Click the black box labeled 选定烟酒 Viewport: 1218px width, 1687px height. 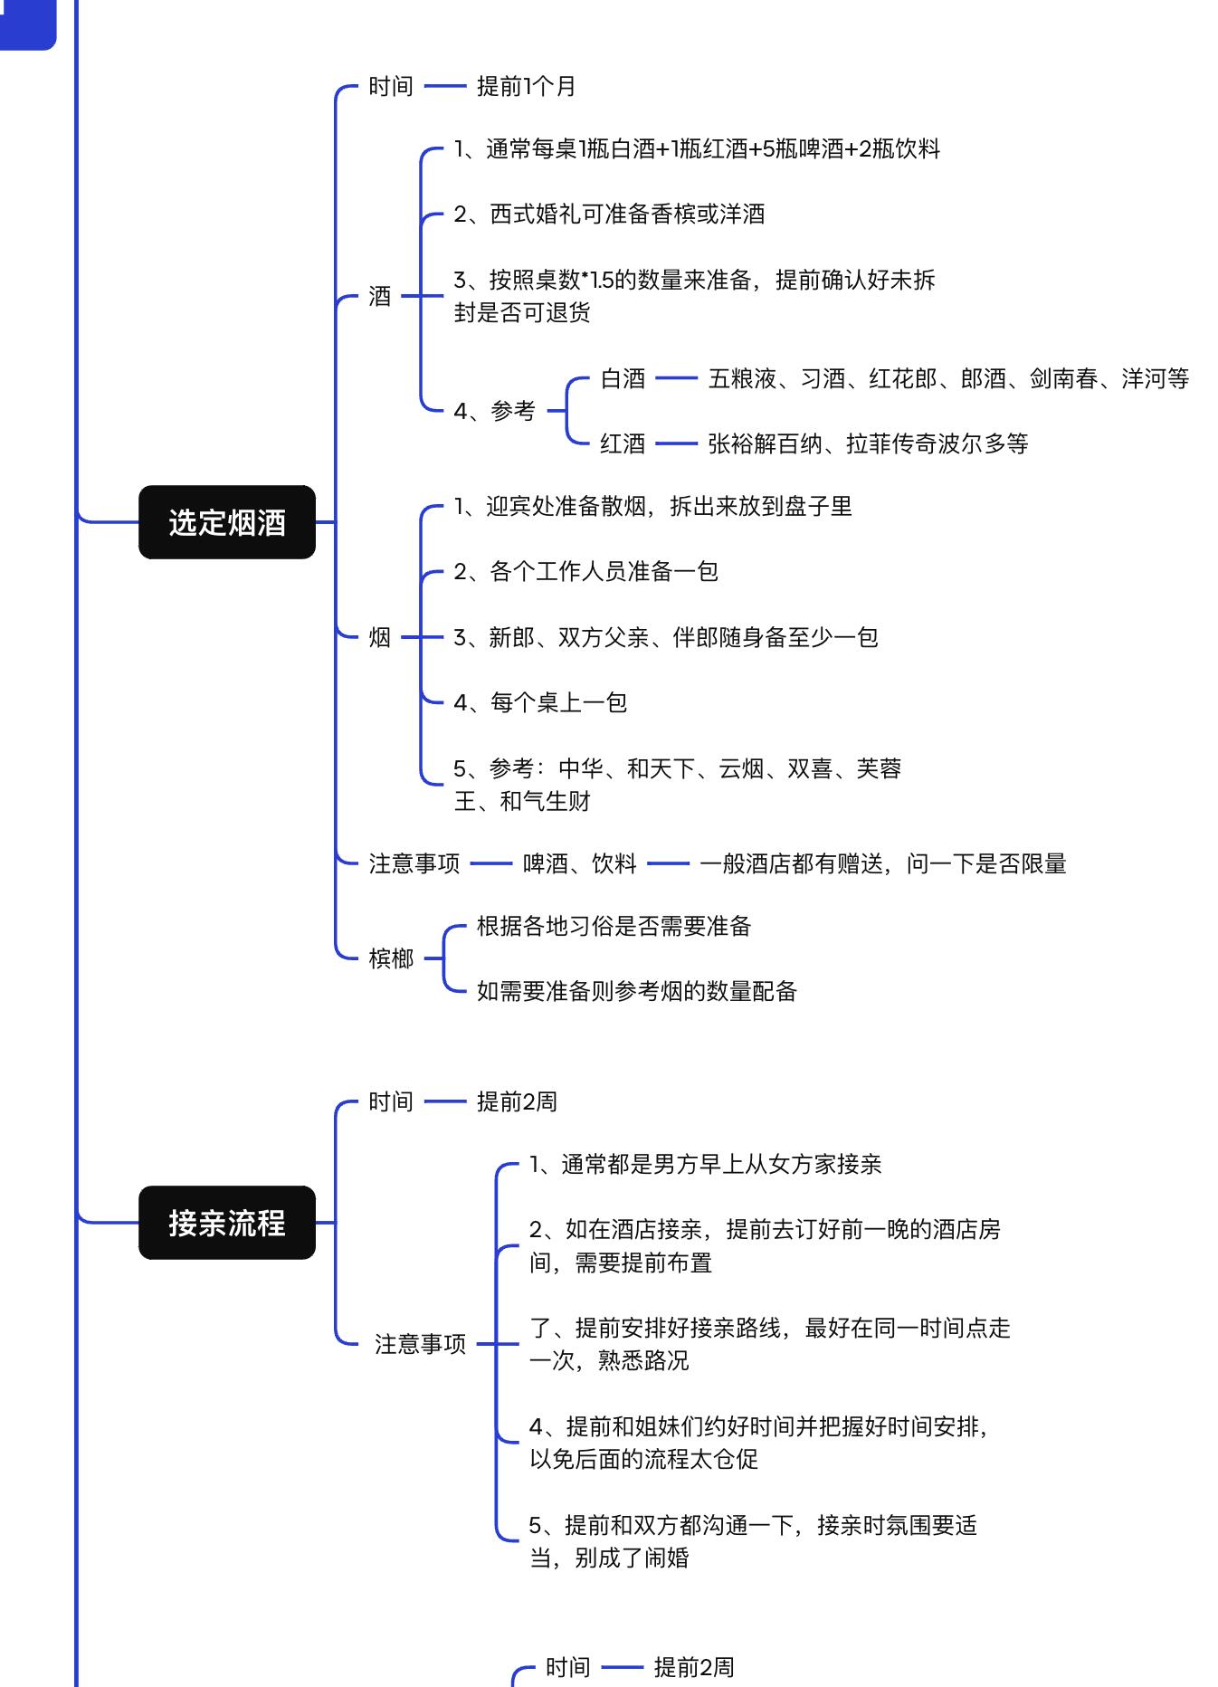[x=226, y=522]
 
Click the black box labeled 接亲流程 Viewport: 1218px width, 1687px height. [x=226, y=1223]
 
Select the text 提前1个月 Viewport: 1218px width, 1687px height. [x=527, y=86]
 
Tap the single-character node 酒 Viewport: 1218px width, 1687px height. [x=380, y=296]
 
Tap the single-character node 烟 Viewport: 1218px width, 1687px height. [x=380, y=637]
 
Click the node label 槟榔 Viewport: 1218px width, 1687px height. [x=391, y=958]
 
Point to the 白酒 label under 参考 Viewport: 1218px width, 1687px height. [x=623, y=378]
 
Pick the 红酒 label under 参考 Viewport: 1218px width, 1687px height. [x=623, y=443]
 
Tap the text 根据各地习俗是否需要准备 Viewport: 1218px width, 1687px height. [x=614, y=926]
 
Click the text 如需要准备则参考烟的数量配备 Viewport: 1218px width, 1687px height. [x=637, y=991]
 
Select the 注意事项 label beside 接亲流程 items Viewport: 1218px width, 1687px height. [x=420, y=1344]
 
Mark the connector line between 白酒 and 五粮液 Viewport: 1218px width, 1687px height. [x=677, y=378]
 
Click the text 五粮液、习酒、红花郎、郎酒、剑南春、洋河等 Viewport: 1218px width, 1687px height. [x=948, y=378]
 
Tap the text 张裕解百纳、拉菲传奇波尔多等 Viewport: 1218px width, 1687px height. [x=868, y=443]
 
